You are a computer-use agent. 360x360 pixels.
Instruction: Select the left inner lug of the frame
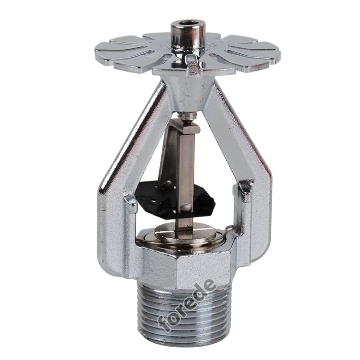[x=131, y=202]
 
